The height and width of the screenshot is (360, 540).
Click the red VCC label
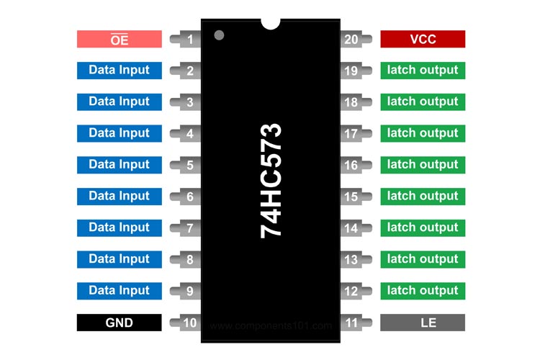[423, 39]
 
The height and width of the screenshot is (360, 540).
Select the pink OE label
[119, 39]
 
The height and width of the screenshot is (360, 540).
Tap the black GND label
[119, 323]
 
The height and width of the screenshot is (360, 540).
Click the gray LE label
[423, 323]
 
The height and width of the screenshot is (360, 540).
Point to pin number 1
[189, 40]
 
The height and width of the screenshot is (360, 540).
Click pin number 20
[351, 40]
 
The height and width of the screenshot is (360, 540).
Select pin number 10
[189, 323]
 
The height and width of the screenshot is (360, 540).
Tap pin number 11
[351, 323]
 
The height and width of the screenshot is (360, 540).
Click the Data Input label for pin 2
[119, 71]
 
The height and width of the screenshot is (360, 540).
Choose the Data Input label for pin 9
[119, 291]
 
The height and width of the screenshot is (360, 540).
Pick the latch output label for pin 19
[423, 71]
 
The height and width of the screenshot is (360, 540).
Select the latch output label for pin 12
[423, 291]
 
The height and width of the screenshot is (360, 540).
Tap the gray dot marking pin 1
[220, 35]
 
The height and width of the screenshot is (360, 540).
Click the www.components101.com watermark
[271, 325]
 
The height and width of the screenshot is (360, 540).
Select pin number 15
[351, 197]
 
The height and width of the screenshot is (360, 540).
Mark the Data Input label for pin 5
[119, 165]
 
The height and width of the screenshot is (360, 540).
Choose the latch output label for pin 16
[423, 165]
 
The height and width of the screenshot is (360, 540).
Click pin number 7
[189, 228]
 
